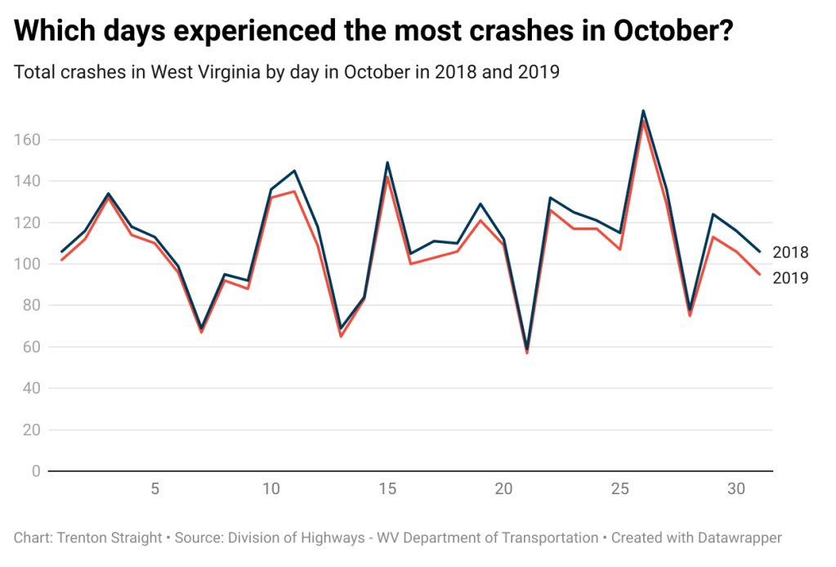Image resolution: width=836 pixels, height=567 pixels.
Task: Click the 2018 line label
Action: pos(790,252)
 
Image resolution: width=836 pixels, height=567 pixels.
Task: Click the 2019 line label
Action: pos(790,278)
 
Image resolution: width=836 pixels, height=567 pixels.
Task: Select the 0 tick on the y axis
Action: pos(36,471)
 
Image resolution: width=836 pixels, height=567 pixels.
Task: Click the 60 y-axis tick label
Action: pos(31,347)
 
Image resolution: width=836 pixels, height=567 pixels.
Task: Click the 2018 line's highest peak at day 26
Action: pos(643,110)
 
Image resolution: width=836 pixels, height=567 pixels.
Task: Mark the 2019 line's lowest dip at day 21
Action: pos(527,353)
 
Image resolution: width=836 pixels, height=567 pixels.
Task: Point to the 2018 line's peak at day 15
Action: pos(387,162)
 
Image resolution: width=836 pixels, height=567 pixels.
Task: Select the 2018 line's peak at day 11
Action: pos(294,170)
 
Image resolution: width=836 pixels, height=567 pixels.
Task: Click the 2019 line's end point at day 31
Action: pos(760,274)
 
